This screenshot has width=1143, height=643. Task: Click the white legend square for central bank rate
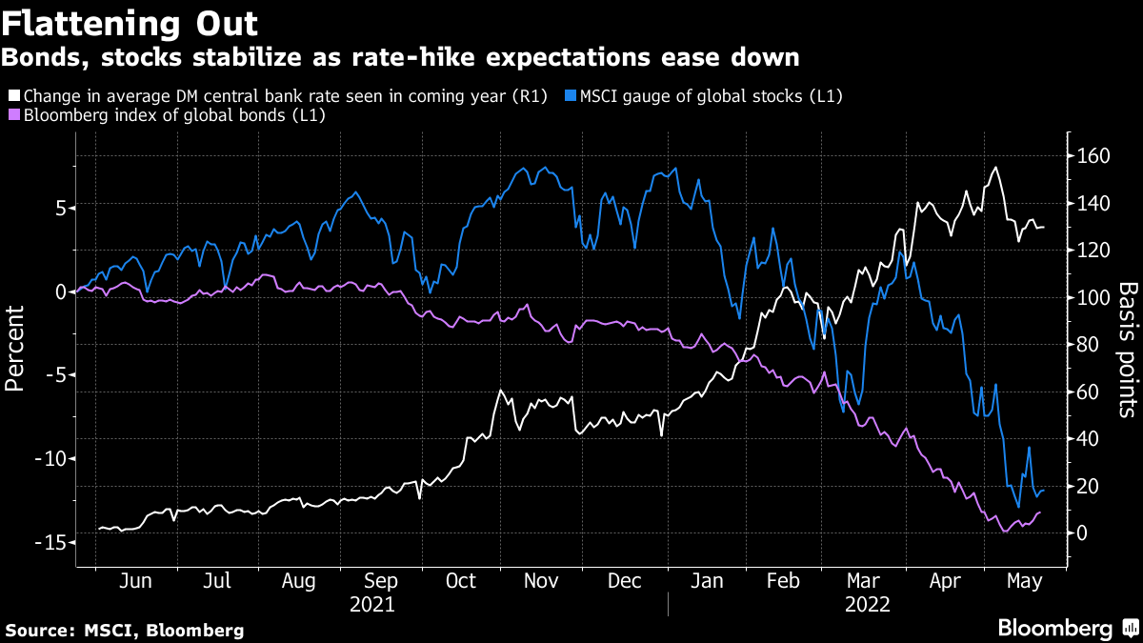(x=13, y=96)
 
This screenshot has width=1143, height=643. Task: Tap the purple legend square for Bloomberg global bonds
(x=13, y=115)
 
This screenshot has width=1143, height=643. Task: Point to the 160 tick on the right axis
(x=1088, y=156)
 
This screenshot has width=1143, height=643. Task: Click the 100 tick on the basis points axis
(x=1088, y=298)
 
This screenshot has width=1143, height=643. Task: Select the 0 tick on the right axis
(x=1081, y=533)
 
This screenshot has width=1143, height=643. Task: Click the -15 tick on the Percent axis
(x=50, y=542)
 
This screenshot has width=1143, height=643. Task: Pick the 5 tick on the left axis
(x=59, y=208)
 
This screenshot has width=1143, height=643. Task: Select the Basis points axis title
(x=1127, y=350)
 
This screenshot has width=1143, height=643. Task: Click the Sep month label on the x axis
(x=381, y=581)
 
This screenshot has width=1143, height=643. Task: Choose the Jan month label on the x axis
(x=705, y=581)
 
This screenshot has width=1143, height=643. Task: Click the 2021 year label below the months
(x=371, y=604)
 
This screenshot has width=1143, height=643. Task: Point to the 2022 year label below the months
(x=866, y=604)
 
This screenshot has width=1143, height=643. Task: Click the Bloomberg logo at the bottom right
(x=1055, y=628)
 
